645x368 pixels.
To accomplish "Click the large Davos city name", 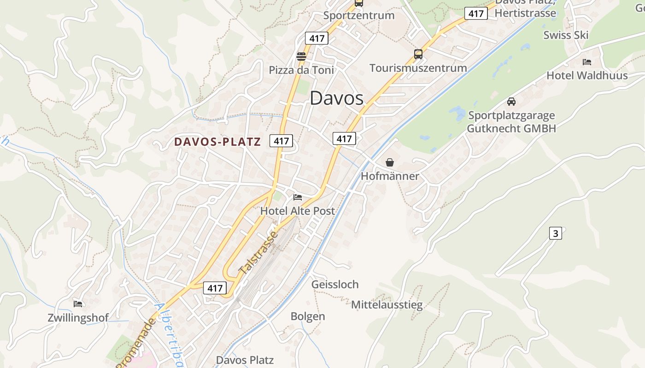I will point(336,98).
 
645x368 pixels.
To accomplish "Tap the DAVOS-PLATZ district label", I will point(217,142).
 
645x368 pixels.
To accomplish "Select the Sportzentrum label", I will point(358,15).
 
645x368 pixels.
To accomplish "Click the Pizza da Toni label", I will point(301,70).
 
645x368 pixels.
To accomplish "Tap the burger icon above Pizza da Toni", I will point(301,57).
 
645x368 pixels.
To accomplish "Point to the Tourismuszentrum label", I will point(418,68).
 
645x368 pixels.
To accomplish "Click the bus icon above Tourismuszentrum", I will point(418,54).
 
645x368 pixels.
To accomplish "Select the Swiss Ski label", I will point(566,35).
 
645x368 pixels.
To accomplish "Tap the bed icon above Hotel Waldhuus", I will point(586,62).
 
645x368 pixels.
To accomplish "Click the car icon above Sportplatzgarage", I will point(511,102).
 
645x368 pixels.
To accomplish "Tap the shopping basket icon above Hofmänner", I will point(390,162).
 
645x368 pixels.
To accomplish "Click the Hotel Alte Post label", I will point(298,211).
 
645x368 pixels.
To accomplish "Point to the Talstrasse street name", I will point(259,253).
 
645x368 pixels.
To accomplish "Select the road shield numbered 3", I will point(556,233).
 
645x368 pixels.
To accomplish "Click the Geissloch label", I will point(335,284).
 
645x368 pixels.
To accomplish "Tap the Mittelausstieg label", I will point(387,305).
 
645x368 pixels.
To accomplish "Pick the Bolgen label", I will point(308,316).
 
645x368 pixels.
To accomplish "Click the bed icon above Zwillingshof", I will point(78,304).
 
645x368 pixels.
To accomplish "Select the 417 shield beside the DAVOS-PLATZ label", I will point(281,141).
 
